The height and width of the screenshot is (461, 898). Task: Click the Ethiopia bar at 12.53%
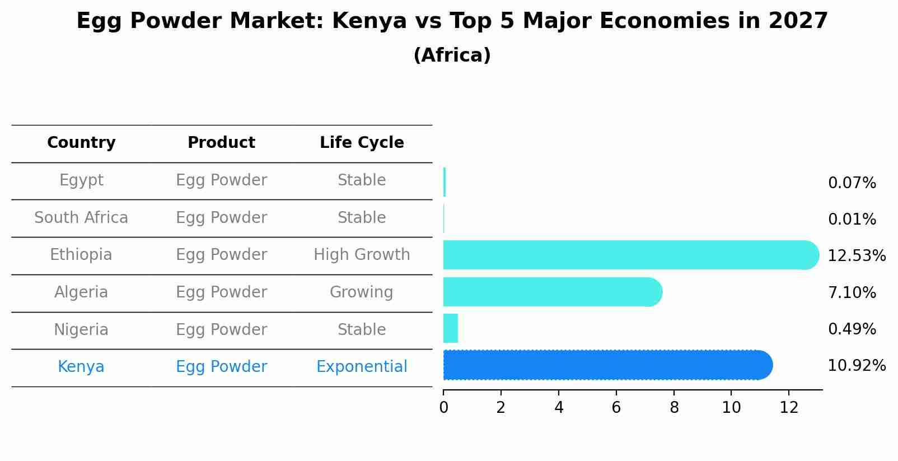pyautogui.click(x=630, y=255)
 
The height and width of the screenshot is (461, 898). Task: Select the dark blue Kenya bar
pyautogui.click(x=607, y=365)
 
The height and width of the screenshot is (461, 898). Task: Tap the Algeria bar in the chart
pyautogui.click(x=552, y=292)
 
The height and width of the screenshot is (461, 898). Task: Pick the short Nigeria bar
pyautogui.click(x=451, y=328)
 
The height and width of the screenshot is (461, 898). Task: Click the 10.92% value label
pyautogui.click(x=856, y=366)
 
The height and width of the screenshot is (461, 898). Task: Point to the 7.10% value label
pyautogui.click(x=852, y=292)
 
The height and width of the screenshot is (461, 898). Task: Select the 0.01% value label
pyautogui.click(x=852, y=220)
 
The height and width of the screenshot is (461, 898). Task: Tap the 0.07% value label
pyautogui.click(x=852, y=183)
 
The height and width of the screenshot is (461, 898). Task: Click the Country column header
pyautogui.click(x=81, y=143)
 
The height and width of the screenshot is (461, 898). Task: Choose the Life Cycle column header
pyautogui.click(x=362, y=143)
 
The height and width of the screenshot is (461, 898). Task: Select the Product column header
pyautogui.click(x=221, y=143)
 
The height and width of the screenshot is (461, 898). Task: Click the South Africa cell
pyautogui.click(x=81, y=217)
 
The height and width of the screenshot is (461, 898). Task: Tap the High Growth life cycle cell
pyautogui.click(x=362, y=255)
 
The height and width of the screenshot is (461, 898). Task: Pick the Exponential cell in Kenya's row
pyautogui.click(x=362, y=367)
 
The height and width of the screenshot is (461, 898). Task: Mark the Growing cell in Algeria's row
pyautogui.click(x=362, y=292)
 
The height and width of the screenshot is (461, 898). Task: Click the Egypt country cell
pyautogui.click(x=81, y=180)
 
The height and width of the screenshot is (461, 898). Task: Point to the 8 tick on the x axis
pyautogui.click(x=674, y=408)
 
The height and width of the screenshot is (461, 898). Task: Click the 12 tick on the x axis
pyautogui.click(x=789, y=408)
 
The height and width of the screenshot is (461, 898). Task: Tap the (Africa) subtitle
pyautogui.click(x=452, y=55)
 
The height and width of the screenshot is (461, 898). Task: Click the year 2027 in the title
pyautogui.click(x=798, y=21)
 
